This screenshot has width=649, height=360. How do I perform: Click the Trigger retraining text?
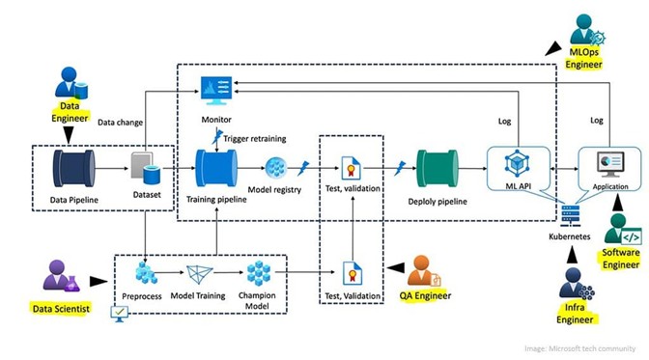(x=254, y=138)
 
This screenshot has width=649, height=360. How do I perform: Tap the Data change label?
(x=121, y=122)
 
